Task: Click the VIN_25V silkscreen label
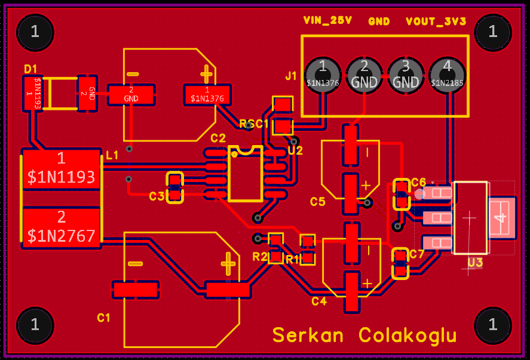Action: (x=327, y=21)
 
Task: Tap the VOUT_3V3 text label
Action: (x=436, y=21)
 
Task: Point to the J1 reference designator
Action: (x=291, y=76)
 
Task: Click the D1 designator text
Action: (x=30, y=69)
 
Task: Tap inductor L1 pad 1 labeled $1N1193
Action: (x=61, y=168)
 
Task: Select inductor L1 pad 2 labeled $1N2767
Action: (x=61, y=227)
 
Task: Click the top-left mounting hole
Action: (x=35, y=32)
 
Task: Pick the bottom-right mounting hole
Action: (x=493, y=325)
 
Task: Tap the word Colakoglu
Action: (x=408, y=335)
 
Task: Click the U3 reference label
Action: (x=475, y=262)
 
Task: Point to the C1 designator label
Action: (x=104, y=318)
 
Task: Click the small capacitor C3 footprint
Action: (x=174, y=187)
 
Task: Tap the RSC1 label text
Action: (x=255, y=124)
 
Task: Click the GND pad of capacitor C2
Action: (x=131, y=94)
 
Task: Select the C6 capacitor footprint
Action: (x=401, y=194)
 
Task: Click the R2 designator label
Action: (x=260, y=257)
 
